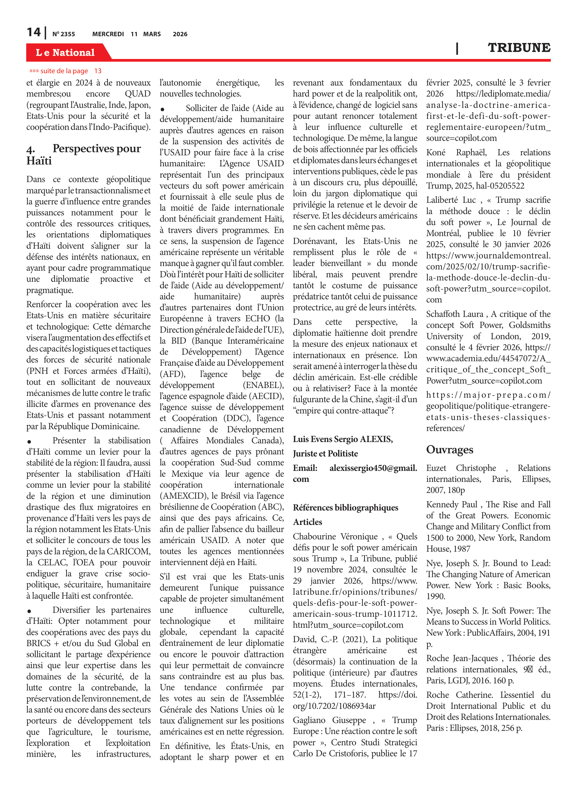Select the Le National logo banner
point(65,52)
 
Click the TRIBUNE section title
point(519,48)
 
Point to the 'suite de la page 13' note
point(65,71)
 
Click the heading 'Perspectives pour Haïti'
point(84,155)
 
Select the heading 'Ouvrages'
point(450,450)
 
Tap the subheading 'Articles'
point(307,522)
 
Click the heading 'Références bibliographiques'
point(345,508)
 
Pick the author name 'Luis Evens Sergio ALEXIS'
point(343,439)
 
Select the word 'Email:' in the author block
point(305,468)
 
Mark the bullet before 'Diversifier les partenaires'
point(29,611)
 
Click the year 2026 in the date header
point(180,34)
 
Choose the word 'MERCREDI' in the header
point(108,34)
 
